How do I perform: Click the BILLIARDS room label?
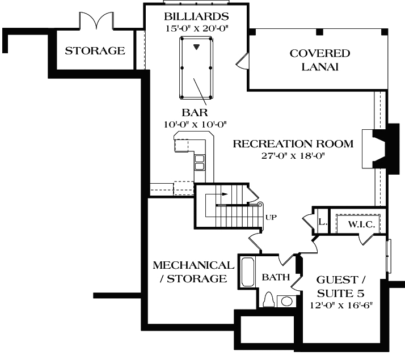click(196, 15)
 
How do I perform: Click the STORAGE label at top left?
click(94, 50)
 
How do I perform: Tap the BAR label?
click(195, 112)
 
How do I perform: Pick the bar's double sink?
click(200, 162)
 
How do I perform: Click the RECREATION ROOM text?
click(293, 143)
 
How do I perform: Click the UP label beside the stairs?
click(271, 217)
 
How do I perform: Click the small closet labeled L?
click(321, 222)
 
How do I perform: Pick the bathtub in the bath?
click(248, 272)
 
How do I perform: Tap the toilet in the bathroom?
click(269, 299)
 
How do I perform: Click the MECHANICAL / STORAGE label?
click(193, 272)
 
